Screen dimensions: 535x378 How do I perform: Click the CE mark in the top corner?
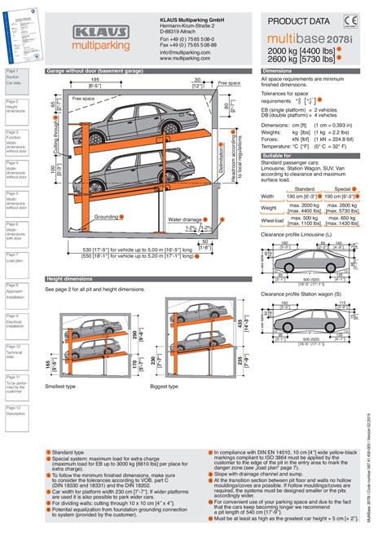point(349,21)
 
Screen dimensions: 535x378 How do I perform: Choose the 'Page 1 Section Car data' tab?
point(16,78)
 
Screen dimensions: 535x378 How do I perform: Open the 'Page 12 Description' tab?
point(16,413)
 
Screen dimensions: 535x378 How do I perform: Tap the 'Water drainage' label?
point(186,219)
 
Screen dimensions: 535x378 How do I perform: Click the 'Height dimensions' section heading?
point(74,279)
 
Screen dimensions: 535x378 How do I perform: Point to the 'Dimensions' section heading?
point(277,72)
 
